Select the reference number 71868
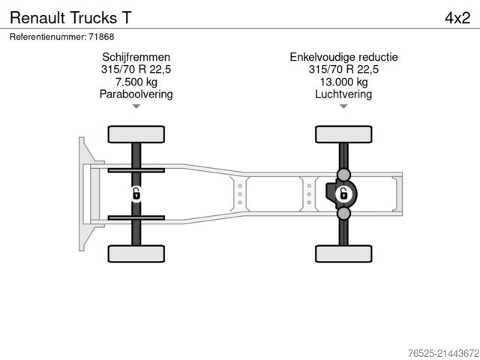pyautogui.click(x=61, y=36)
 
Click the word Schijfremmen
pyautogui.click(x=136, y=57)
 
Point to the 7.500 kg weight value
pyautogui.click(x=136, y=82)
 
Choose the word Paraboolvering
pyautogui.click(x=136, y=94)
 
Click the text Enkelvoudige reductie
pyautogui.click(x=343, y=57)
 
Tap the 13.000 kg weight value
pyautogui.click(x=343, y=82)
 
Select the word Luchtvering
pyautogui.click(x=343, y=94)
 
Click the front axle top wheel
pyautogui.click(x=136, y=135)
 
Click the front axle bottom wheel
pyautogui.click(x=136, y=253)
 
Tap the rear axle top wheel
pyautogui.click(x=343, y=135)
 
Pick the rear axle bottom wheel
pyautogui.click(x=343, y=253)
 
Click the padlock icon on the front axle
pyautogui.click(x=136, y=194)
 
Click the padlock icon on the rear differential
pyautogui.click(x=343, y=194)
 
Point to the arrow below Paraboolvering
pyautogui.click(x=136, y=106)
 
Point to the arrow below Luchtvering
pyautogui.click(x=343, y=106)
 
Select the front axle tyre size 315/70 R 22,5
pyautogui.click(x=136, y=70)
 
